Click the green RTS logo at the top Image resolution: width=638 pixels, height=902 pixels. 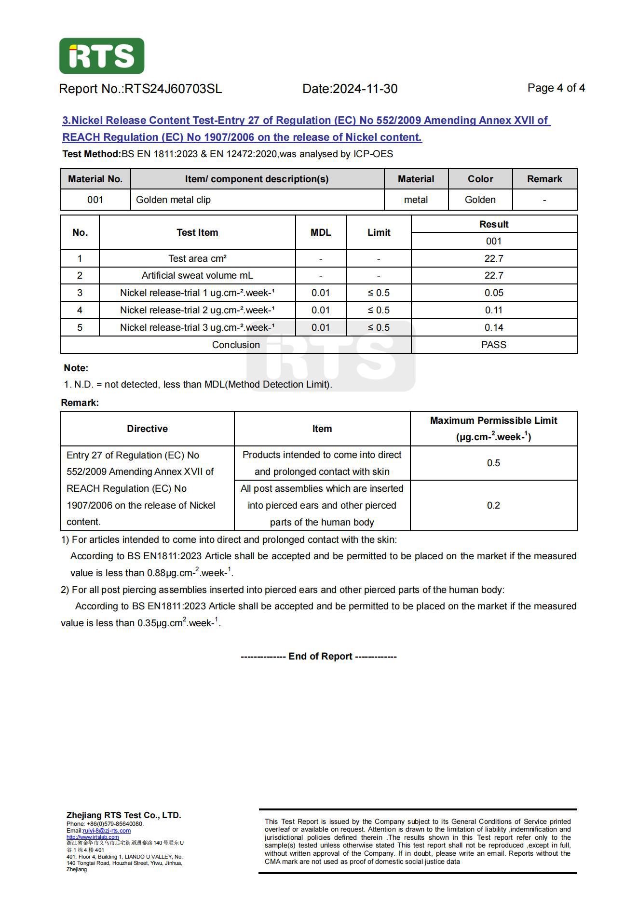point(101,56)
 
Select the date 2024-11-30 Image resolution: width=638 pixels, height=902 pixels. point(365,89)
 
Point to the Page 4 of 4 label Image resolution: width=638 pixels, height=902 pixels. point(556,88)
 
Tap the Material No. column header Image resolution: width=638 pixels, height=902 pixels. point(95,179)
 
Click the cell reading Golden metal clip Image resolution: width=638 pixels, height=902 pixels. point(173,200)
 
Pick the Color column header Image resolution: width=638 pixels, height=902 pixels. point(480,179)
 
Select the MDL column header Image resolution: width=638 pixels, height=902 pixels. point(321,232)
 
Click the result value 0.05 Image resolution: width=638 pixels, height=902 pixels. point(494,293)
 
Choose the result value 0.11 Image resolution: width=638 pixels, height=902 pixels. point(494,310)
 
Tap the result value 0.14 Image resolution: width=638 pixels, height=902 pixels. point(494,327)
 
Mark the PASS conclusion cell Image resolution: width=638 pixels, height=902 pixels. point(494,345)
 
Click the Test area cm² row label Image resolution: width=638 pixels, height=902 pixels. point(197,258)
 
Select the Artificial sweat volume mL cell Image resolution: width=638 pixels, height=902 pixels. point(197,275)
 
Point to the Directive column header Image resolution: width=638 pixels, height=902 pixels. point(147,429)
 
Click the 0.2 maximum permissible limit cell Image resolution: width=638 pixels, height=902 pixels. point(493,505)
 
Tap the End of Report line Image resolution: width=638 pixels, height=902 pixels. point(319,656)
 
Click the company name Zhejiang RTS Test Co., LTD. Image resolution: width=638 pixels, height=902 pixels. point(124,815)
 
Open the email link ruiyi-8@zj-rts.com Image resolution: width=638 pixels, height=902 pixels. point(107,830)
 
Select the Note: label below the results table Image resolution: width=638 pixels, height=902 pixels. point(76,368)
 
